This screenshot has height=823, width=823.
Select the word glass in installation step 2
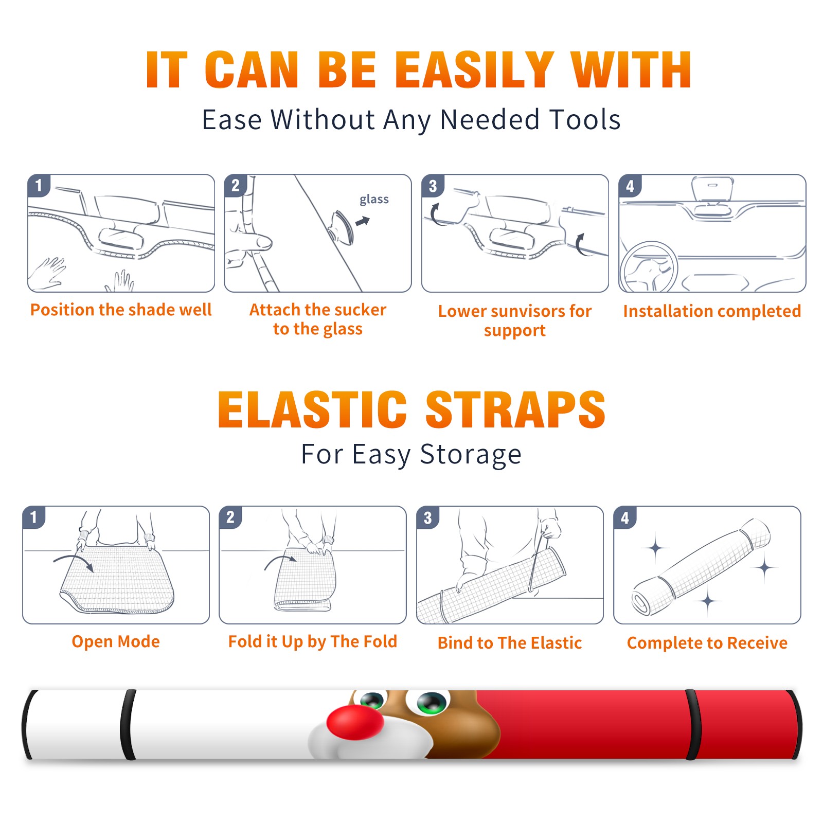374,200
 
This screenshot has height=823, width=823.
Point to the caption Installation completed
712,311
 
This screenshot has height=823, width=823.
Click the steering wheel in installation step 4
649,267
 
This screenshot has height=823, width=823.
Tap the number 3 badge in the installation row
433,186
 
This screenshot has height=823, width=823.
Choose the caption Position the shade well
121,310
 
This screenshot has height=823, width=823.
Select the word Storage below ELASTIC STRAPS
471,455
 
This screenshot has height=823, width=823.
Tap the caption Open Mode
116,641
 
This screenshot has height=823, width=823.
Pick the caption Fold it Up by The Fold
313,641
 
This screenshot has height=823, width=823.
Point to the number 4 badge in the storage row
625,517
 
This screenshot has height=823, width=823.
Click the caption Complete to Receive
707,643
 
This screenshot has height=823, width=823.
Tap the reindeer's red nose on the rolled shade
355,721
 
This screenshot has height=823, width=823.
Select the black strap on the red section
692,724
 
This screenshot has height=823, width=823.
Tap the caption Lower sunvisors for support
515,320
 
